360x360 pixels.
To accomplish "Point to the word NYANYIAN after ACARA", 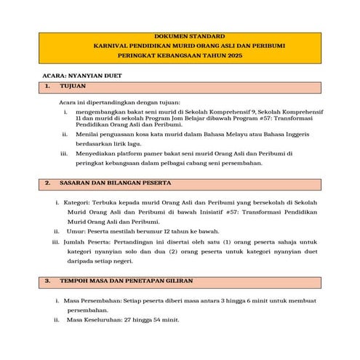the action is click(91, 75).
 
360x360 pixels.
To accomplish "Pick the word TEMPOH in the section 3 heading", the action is click(75, 279).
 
